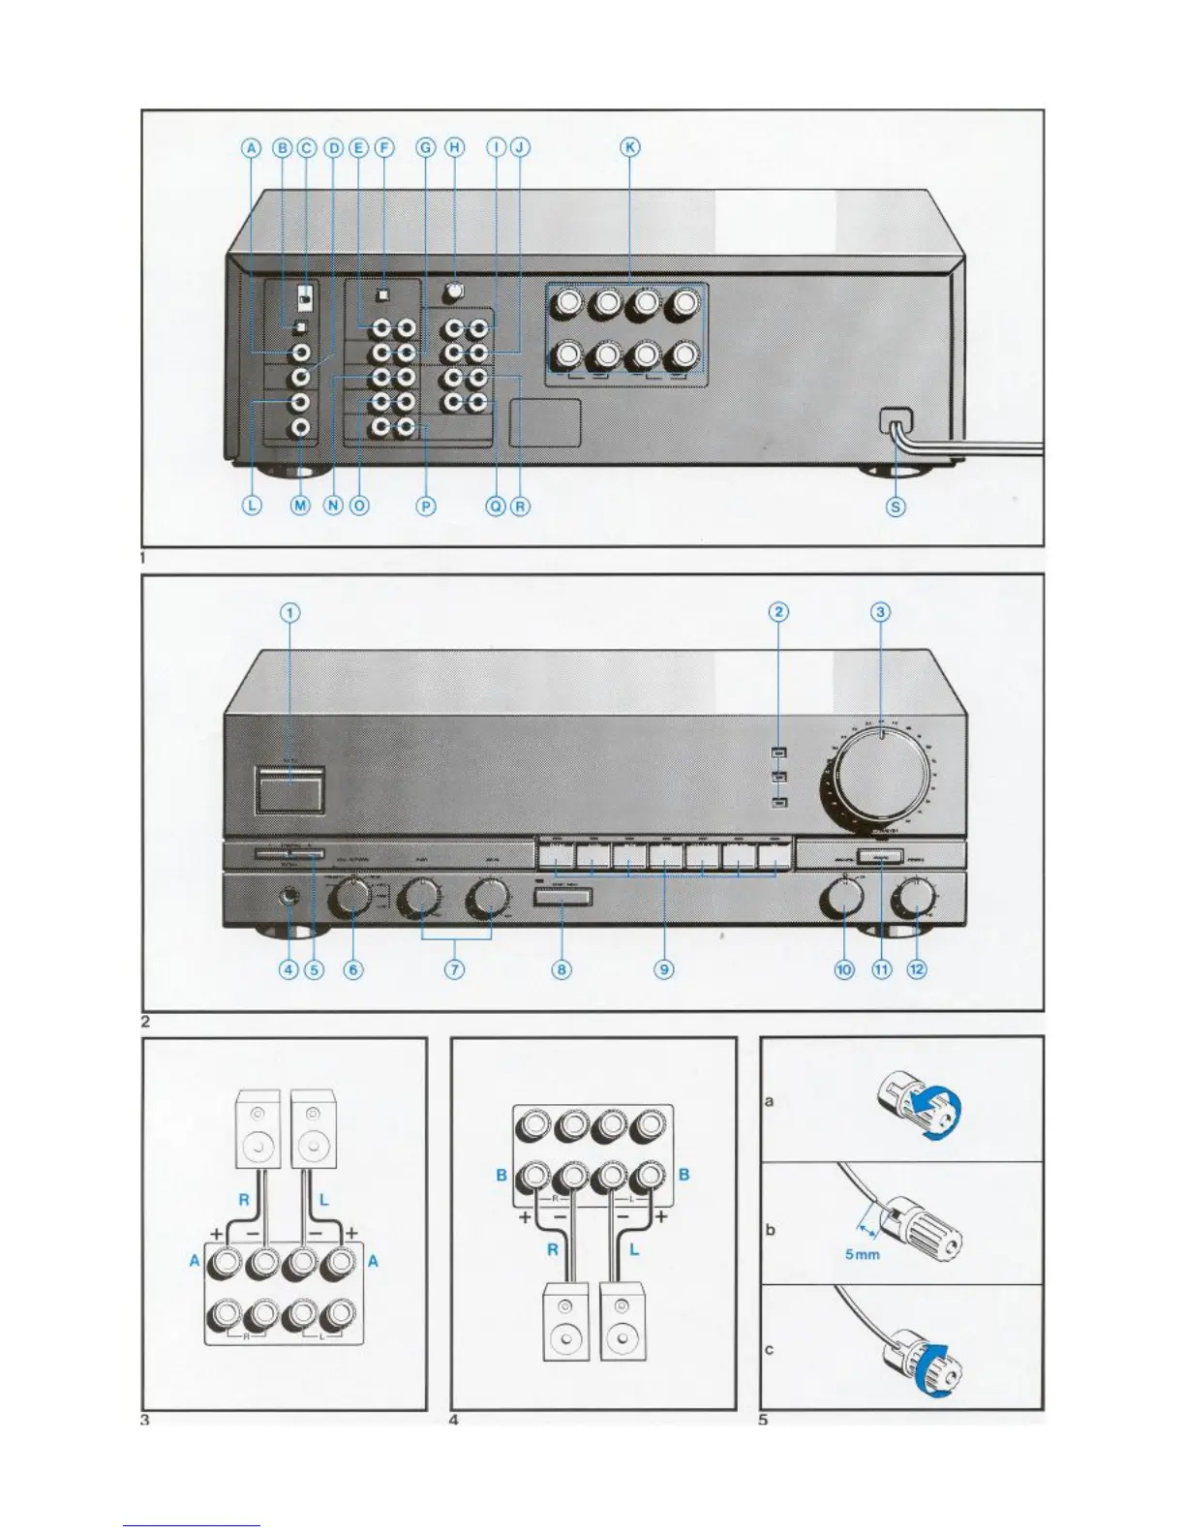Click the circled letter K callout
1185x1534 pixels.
(x=630, y=148)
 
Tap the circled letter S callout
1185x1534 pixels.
(x=896, y=506)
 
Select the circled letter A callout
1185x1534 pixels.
(x=252, y=148)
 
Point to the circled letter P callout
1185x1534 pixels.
(x=426, y=506)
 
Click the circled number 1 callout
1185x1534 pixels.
(x=290, y=612)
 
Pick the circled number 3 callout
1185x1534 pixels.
(x=880, y=612)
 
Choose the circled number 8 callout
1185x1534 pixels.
(x=562, y=968)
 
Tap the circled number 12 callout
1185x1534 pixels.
(x=917, y=968)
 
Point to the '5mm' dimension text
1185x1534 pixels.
(x=862, y=1255)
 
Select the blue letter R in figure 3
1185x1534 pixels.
(x=244, y=1200)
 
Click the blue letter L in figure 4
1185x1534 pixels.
(x=634, y=1249)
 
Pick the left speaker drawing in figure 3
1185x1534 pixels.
(x=258, y=1130)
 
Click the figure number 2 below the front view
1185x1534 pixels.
(x=146, y=1021)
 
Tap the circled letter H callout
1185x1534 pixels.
(x=454, y=148)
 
